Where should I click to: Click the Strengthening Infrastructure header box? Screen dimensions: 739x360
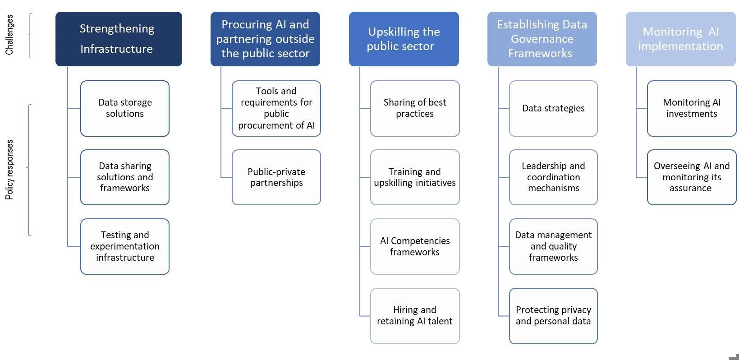(119, 39)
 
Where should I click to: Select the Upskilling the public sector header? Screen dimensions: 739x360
(404, 39)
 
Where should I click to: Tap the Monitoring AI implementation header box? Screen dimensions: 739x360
(680, 39)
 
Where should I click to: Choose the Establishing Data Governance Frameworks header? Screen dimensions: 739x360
(542, 39)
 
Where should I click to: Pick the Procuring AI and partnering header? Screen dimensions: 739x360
(265, 39)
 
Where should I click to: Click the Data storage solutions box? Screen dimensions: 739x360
(125, 108)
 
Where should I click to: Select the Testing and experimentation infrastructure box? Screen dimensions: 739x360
(125, 246)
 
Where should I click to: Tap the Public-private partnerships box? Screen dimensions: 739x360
(276, 177)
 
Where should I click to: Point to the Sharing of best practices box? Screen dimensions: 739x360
(415, 108)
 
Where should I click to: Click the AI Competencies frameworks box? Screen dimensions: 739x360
(415, 246)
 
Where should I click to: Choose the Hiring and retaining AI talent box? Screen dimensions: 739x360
(415, 316)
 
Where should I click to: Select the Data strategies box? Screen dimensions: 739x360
(553, 108)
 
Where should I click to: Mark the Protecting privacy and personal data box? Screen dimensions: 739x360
(553, 316)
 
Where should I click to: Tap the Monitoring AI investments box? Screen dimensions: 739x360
(692, 108)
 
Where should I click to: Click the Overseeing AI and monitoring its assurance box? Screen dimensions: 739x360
(692, 177)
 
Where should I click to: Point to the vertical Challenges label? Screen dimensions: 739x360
(9, 35)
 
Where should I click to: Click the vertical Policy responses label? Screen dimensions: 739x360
(9, 170)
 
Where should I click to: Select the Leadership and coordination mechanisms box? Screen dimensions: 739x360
(553, 177)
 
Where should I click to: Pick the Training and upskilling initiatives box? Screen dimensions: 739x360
(415, 177)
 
